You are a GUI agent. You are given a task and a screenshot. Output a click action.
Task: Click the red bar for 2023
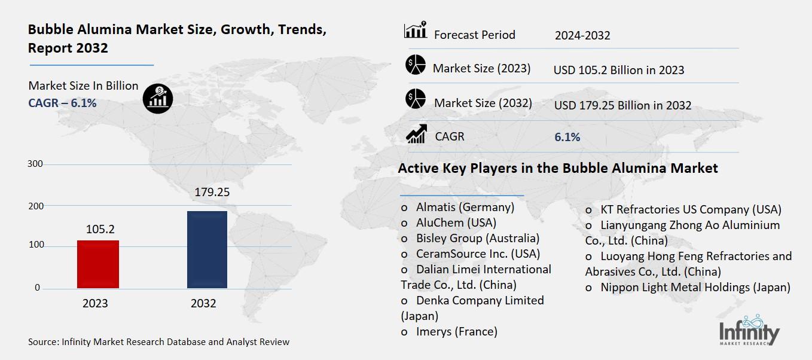point(98,264)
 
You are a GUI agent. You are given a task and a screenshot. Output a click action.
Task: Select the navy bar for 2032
point(207,249)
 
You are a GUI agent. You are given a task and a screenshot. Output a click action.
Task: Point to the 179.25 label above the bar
point(212,193)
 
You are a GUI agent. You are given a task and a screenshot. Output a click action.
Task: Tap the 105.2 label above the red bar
point(100,229)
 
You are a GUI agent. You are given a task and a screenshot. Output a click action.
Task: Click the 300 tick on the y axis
point(35,164)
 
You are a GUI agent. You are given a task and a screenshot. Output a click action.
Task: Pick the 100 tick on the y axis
point(35,246)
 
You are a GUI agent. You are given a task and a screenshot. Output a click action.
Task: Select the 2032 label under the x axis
point(203,304)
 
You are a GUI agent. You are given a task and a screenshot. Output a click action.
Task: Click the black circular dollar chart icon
point(158,97)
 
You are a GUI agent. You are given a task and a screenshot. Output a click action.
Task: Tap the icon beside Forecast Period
point(415,30)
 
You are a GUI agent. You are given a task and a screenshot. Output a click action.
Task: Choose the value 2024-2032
point(582,35)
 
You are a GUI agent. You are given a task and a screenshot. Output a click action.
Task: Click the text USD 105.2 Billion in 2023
point(618,70)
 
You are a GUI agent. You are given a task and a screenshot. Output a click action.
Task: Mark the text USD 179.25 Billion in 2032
point(622,105)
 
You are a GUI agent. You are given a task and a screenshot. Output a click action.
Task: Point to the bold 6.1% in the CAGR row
point(567,137)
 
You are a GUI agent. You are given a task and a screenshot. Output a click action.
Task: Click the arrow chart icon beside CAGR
point(416,134)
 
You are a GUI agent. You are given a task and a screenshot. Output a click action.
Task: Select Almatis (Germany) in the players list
point(465,208)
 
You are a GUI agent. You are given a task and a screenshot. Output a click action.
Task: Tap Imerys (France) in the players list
point(456,331)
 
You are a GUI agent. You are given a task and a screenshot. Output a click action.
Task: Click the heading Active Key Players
point(557,169)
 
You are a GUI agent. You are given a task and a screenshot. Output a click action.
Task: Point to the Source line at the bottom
point(158,342)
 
